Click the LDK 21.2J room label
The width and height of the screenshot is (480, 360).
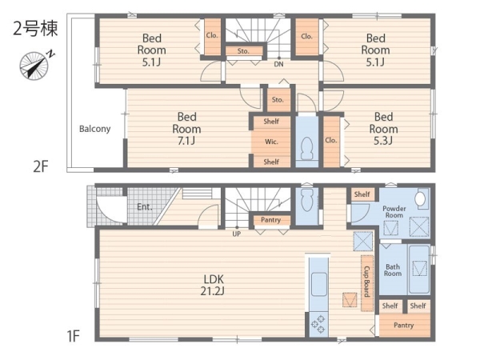pos(214,285)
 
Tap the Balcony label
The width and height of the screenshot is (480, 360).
pos(94,129)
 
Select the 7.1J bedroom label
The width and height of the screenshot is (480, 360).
pos(186,129)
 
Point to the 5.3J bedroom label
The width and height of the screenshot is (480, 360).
pos(383,129)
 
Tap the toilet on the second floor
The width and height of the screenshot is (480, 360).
pos(306,148)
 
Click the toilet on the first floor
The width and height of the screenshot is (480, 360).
pos(306,200)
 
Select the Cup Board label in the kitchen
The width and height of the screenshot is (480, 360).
pos(366,282)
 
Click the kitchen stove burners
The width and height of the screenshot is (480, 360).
pos(318,325)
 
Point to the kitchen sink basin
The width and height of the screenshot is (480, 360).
pos(318,284)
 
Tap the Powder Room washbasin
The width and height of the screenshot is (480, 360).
pos(421,199)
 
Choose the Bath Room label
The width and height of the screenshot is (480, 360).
pos(393,270)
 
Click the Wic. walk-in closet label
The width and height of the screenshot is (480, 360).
pos(271,142)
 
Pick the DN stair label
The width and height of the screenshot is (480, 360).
pos(278,64)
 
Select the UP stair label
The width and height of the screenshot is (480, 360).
pos(236,234)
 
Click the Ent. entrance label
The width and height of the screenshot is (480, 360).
pos(145,207)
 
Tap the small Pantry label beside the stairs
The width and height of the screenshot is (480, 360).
pos(270,220)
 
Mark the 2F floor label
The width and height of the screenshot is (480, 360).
pos(41,166)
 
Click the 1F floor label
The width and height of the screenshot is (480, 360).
pos(74,336)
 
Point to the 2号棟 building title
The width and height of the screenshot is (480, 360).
pos(35,29)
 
